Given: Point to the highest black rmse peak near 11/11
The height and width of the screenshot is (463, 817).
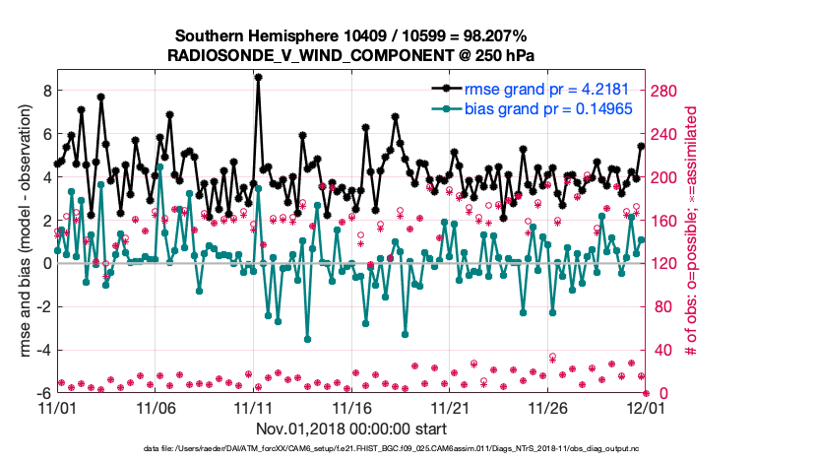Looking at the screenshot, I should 258,77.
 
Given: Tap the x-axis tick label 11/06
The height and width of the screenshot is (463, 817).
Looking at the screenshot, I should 155,407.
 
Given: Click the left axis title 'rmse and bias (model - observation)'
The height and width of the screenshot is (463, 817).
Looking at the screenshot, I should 24,231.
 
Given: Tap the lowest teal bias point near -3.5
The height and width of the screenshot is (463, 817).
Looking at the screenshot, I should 307,339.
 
